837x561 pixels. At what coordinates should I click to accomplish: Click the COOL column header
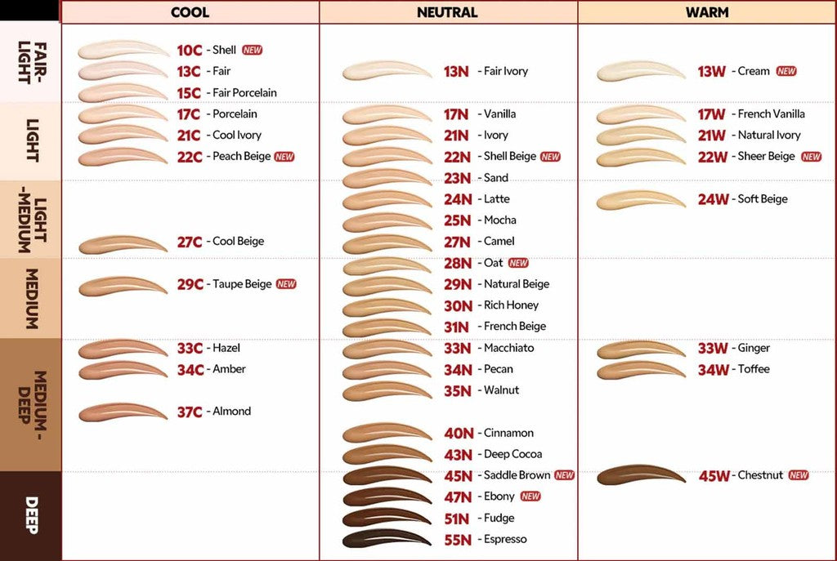point(190,12)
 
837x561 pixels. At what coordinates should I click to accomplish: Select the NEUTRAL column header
point(447,12)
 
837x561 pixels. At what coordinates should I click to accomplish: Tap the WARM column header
point(707,12)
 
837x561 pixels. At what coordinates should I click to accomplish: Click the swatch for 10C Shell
point(123,50)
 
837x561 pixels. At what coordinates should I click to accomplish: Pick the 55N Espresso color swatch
point(387,539)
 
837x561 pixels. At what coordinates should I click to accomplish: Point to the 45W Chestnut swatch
point(641,474)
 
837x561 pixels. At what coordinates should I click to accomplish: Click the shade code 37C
point(190,412)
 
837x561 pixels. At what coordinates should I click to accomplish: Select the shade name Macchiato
point(508,348)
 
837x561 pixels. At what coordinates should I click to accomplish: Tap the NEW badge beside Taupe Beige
point(286,284)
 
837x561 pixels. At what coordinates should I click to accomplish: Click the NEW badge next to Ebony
point(530,496)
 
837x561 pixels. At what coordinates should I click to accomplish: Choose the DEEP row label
point(31,515)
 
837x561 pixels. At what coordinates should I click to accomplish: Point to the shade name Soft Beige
point(763,199)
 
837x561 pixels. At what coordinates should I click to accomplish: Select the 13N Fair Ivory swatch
point(387,71)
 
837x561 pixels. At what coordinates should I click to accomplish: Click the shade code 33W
point(713,349)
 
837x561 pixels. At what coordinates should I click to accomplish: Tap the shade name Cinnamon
point(508,433)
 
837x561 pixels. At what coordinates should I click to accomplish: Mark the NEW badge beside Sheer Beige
point(812,157)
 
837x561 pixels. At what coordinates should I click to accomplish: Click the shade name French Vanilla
point(771,114)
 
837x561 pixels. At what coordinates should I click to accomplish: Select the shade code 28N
point(458,264)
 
